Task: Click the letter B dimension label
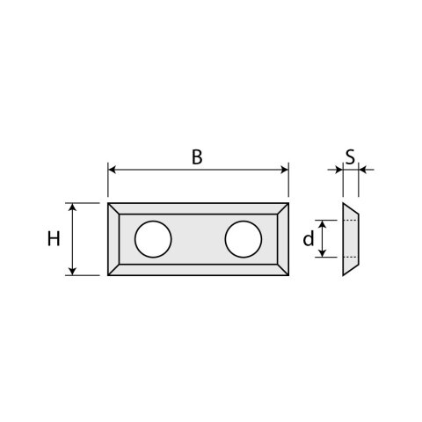point(197,157)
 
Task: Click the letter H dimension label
point(54,239)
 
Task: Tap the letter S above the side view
point(349,157)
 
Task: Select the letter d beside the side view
point(308,239)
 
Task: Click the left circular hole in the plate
point(153,239)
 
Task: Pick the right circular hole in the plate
point(243,239)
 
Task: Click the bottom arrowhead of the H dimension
point(73,272)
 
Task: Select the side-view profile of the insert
point(349,239)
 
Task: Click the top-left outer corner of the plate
point(108,204)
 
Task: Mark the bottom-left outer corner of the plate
point(108,275)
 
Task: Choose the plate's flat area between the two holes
point(198,239)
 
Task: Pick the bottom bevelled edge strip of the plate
point(198,270)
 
